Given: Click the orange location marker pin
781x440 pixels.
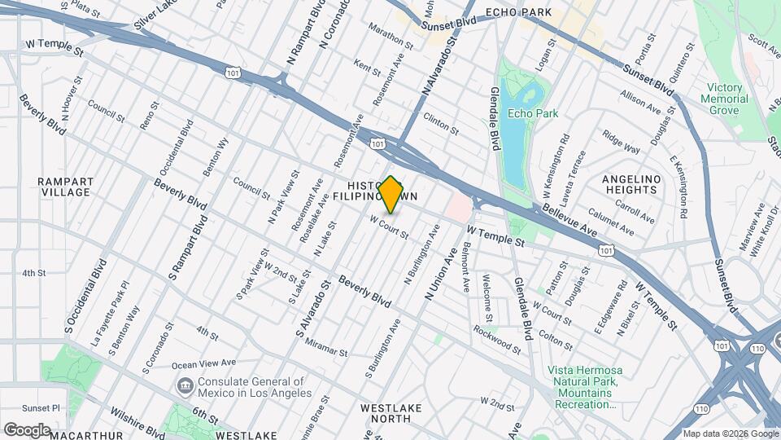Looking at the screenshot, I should coord(391,195).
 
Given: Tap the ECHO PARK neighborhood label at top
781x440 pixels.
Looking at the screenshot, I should coord(518,12).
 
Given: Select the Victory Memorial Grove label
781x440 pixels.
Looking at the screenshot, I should coord(724,99).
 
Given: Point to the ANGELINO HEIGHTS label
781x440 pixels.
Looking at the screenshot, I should coord(629,184).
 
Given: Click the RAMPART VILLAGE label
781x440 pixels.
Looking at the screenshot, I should coord(66,187).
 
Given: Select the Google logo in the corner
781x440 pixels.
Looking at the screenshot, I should coord(26,429).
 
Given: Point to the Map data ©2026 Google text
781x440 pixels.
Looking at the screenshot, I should coord(730,433).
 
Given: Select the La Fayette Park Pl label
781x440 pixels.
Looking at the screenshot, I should coord(111,304).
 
